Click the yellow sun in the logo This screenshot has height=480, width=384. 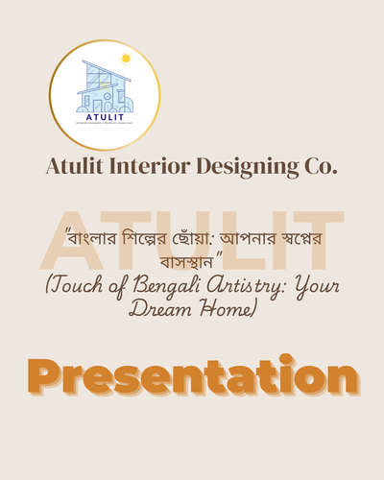125,59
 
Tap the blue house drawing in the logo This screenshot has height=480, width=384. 104,87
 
